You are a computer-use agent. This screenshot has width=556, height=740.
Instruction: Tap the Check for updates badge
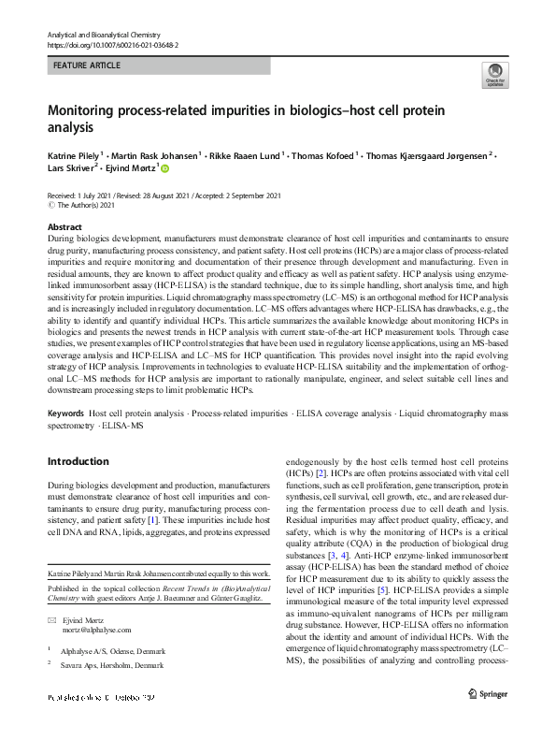pos(492,74)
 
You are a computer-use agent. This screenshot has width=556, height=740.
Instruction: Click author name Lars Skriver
pos(71,169)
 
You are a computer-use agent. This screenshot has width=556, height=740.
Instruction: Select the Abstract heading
pos(64,227)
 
